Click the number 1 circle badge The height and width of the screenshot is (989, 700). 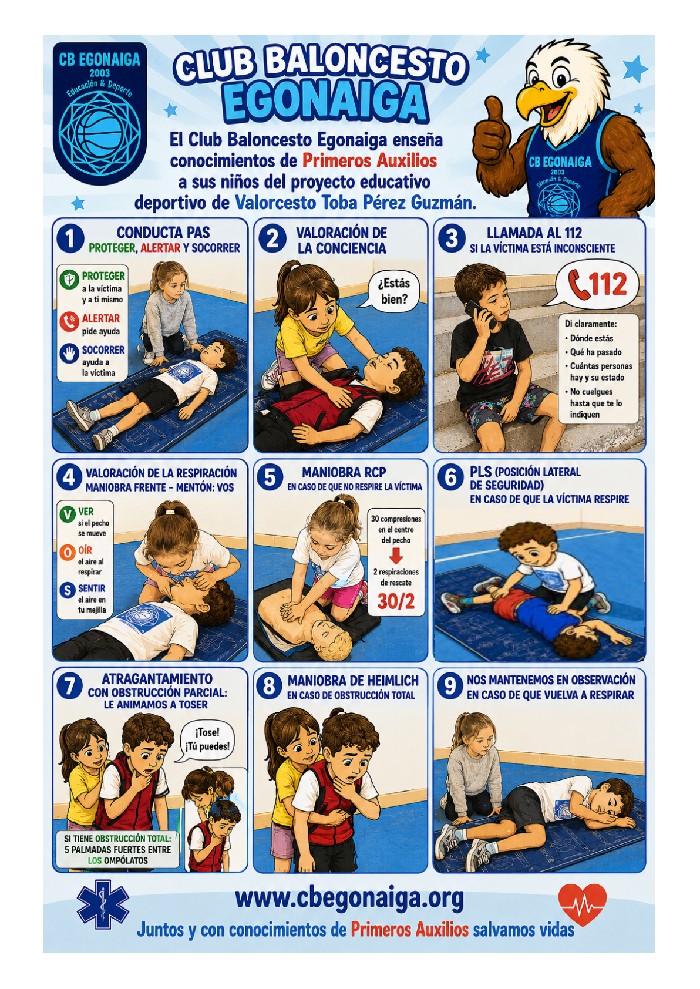pos(70,238)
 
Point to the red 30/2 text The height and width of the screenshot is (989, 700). pos(396,601)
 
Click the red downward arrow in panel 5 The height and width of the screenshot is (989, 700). pos(396,556)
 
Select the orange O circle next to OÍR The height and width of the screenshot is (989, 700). pos(67,553)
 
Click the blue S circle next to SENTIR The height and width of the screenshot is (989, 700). pos(67,590)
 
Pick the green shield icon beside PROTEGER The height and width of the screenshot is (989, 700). pos(69,279)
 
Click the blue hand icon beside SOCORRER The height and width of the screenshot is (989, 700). pos(69,353)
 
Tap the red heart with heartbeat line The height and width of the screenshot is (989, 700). pos(582,903)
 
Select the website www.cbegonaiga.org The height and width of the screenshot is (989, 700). pos(349,897)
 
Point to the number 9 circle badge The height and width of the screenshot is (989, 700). pos(450,687)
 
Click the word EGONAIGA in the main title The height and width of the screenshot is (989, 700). pos(326,102)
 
